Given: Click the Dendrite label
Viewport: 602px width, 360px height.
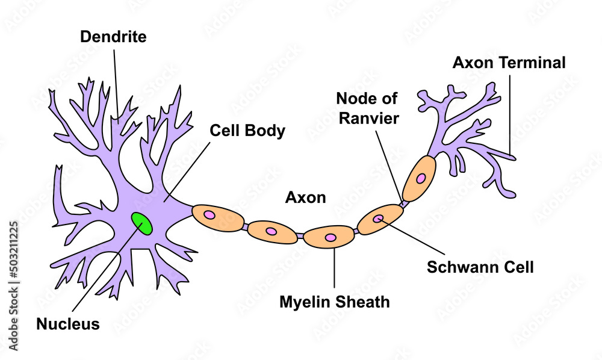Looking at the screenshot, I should pyautogui.click(x=113, y=37).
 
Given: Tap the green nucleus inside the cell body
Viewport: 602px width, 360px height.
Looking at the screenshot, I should pyautogui.click(x=142, y=223).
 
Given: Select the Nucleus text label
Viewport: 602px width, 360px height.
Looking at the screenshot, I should pyautogui.click(x=68, y=324).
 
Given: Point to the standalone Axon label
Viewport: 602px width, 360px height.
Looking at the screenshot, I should pyautogui.click(x=305, y=197).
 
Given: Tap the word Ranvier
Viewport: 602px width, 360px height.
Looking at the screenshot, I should pyautogui.click(x=368, y=118).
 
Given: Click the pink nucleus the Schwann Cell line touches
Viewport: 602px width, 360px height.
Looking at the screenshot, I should pyautogui.click(x=378, y=219).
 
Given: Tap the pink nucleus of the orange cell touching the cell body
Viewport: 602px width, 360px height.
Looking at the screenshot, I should pyautogui.click(x=209, y=214).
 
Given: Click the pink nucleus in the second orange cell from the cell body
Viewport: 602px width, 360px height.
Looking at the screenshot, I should pyautogui.click(x=271, y=231).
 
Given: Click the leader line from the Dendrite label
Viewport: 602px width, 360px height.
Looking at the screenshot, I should pyautogui.click(x=116, y=84).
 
